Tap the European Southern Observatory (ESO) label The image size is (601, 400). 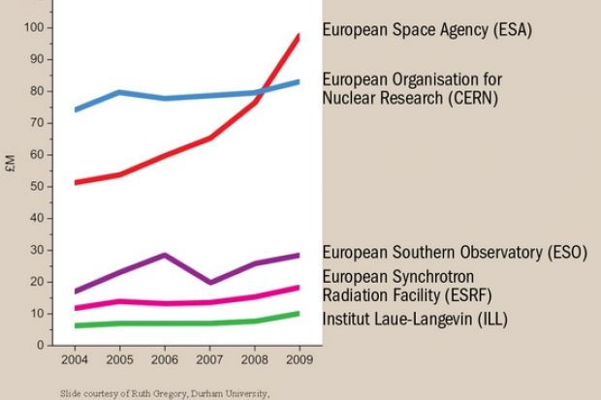click(455, 253)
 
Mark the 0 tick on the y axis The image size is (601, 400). click(41, 345)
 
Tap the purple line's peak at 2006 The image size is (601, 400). click(165, 255)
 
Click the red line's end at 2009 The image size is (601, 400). click(299, 36)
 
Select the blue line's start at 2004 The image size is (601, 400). click(75, 109)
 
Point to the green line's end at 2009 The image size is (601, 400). click(299, 313)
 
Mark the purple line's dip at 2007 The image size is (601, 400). click(209, 282)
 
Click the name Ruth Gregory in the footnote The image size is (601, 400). click(143, 395)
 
